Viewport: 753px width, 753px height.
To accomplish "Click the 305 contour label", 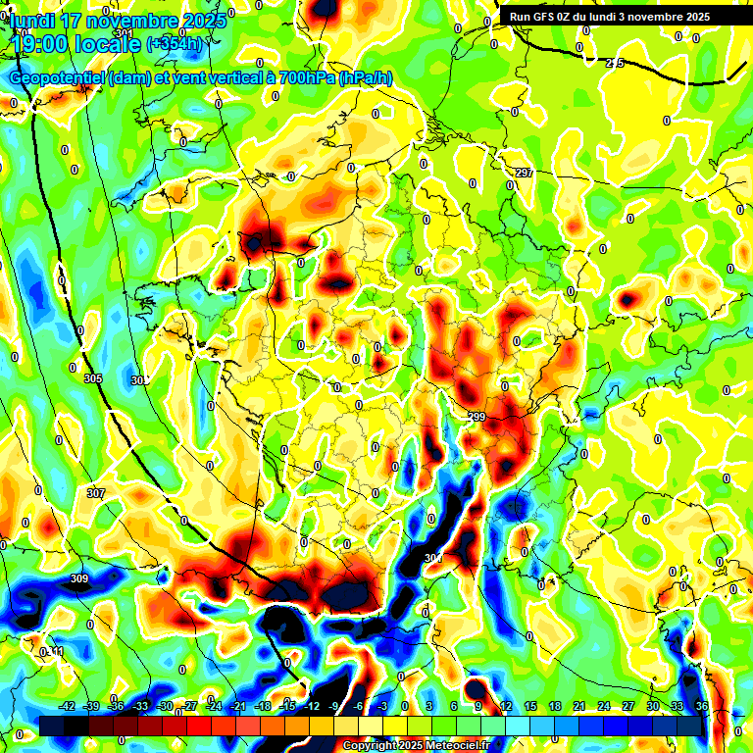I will coord(93,378).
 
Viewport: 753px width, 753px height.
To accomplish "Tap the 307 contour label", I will coord(95,493).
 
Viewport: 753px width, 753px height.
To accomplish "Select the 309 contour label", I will coord(79,578).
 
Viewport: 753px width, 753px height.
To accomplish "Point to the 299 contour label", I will coord(477,418).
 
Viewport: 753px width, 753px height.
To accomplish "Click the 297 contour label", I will coord(524,174).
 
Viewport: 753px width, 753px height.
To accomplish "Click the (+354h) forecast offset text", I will coord(174,44).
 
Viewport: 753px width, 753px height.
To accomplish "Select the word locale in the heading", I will coord(111,44).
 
